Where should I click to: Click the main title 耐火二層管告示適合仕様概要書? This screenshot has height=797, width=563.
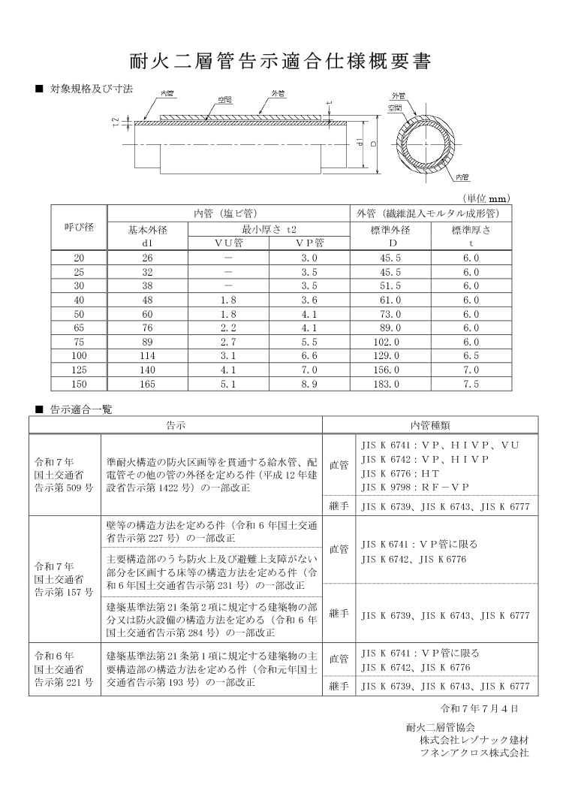(281, 61)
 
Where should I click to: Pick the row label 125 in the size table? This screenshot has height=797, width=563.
(79, 369)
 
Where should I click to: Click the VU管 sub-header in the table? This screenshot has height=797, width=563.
(228, 243)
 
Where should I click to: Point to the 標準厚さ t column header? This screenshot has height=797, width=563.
(471, 236)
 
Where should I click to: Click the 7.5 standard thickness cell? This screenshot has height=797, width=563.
(471, 382)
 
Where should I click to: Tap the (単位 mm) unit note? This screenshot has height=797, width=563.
(487, 198)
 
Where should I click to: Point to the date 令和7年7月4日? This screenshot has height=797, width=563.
(479, 708)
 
